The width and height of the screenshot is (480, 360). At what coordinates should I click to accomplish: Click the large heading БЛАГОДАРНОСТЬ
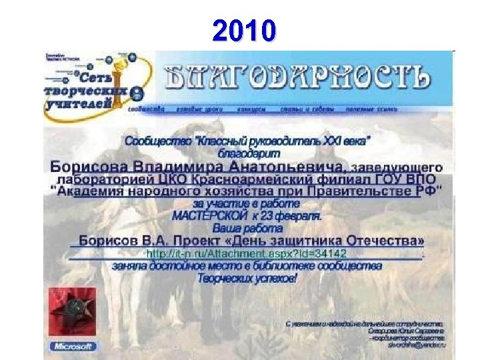[297, 78]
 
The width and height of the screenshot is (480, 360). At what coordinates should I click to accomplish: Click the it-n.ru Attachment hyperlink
[247, 254]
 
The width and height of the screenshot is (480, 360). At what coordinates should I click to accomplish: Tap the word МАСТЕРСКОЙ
[210, 216]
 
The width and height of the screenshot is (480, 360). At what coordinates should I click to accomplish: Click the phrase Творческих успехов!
[247, 278]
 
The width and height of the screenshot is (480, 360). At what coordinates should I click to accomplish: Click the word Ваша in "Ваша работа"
[231, 227]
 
